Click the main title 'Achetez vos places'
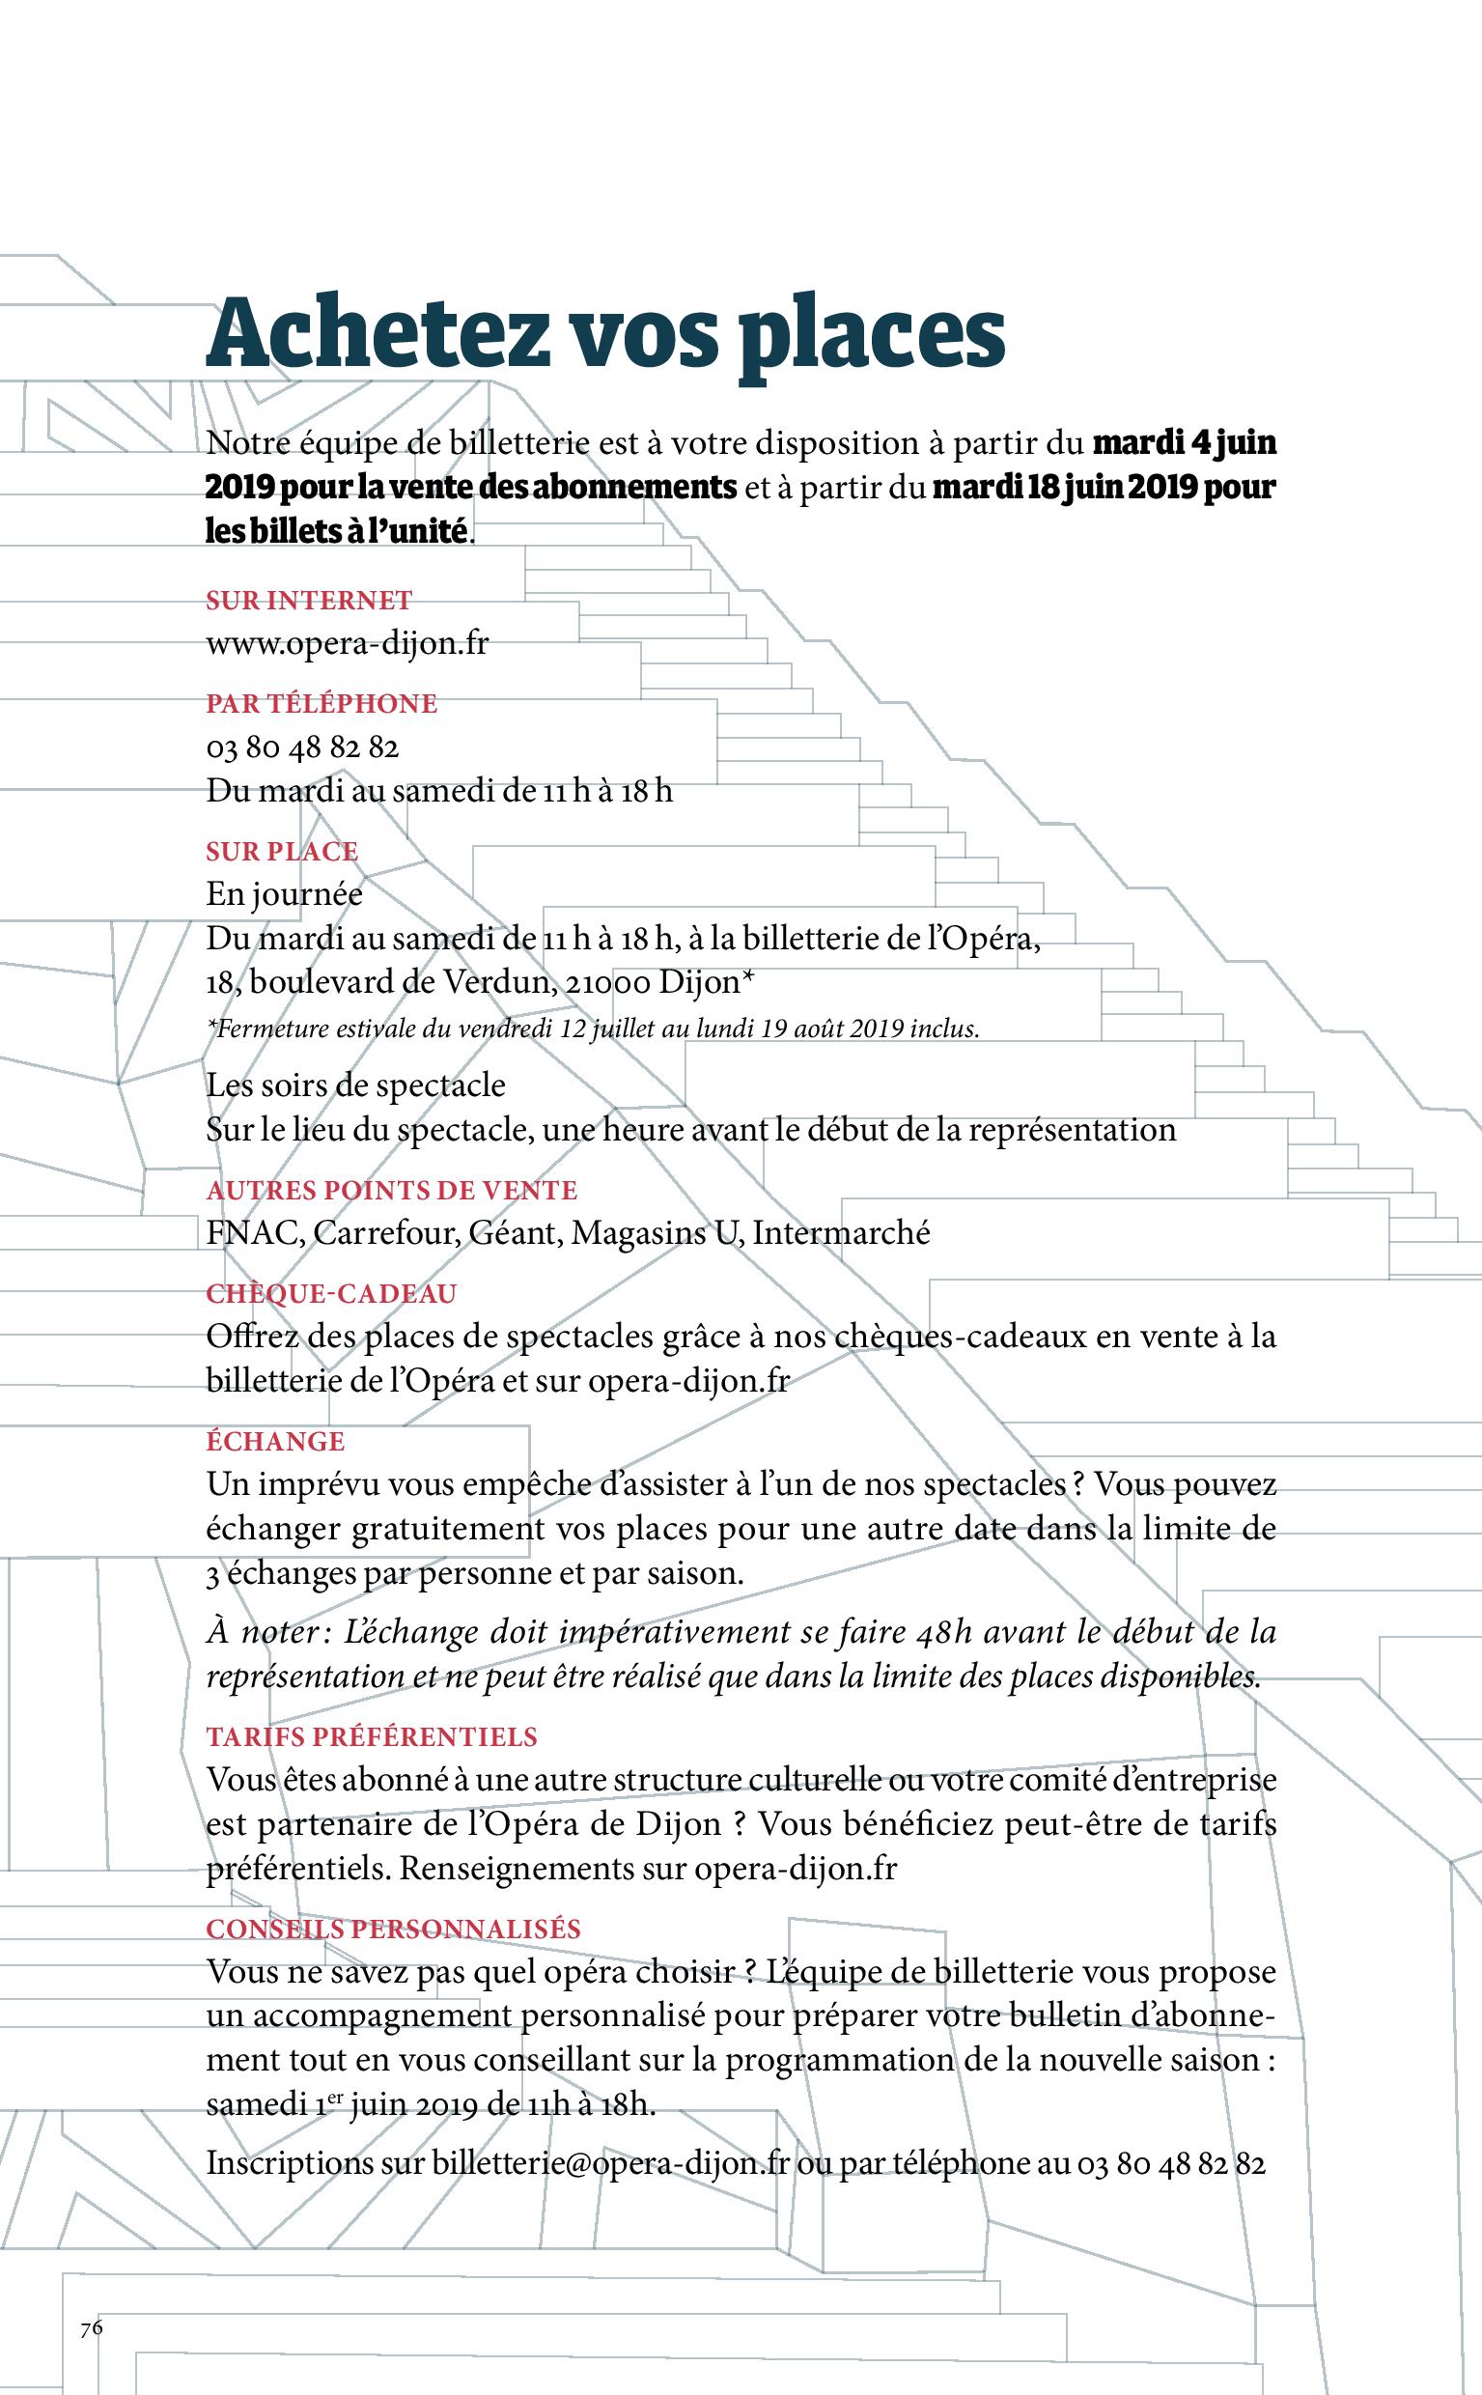coord(604,334)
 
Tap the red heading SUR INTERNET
coord(309,600)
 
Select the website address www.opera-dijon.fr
coord(347,644)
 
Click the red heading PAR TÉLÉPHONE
coord(322,703)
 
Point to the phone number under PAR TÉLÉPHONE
coord(302,748)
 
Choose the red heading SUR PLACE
coord(281,851)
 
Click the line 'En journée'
coord(283,894)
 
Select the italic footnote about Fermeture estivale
coord(592,1028)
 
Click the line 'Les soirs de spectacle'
coord(356,1085)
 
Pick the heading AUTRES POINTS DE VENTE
coord(391,1190)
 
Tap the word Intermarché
coord(841,1232)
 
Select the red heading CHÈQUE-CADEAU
coord(331,1294)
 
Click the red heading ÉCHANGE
coord(275,1441)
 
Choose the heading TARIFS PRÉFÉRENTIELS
coord(372,1736)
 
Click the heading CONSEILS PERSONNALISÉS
coord(393,1929)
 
